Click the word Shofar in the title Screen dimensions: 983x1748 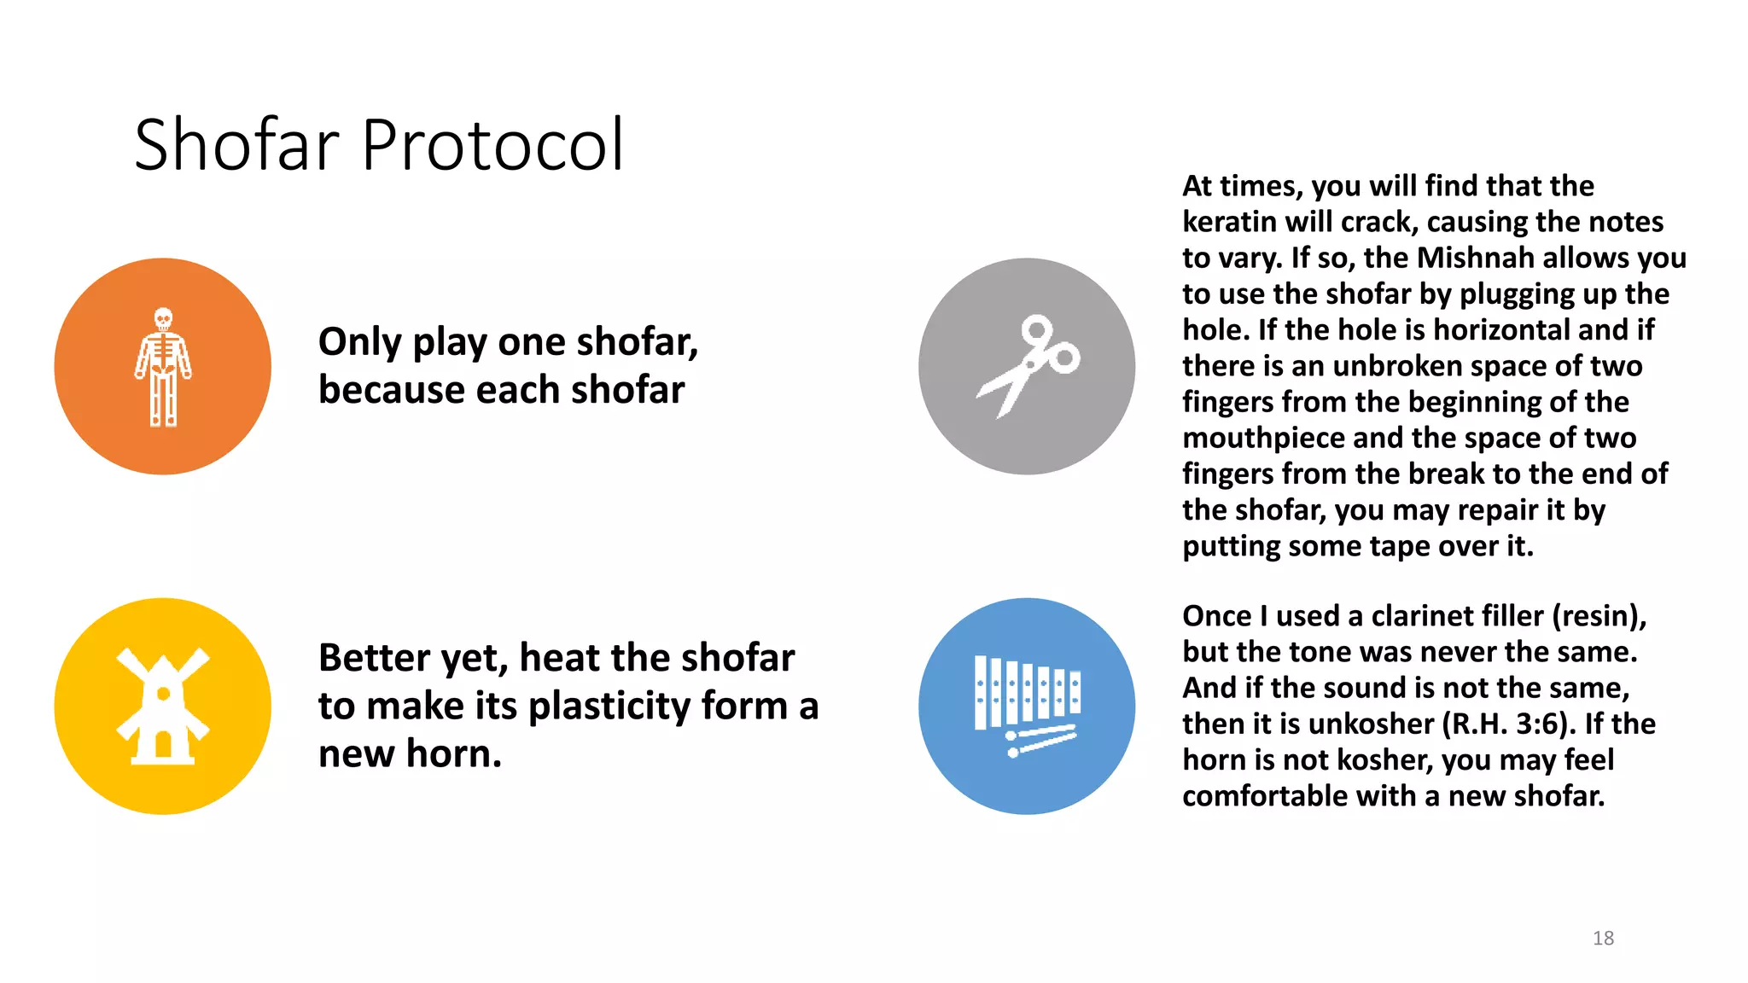pos(236,145)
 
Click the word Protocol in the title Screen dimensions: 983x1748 pos(492,145)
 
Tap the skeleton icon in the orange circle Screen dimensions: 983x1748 pos(163,367)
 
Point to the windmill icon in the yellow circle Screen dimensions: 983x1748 pos(163,707)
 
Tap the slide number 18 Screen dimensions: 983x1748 pos(1603,938)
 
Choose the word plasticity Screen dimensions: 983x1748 pos(609,707)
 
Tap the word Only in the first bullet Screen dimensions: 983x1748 pos(359,342)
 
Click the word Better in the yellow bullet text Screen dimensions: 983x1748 pos(374,658)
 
